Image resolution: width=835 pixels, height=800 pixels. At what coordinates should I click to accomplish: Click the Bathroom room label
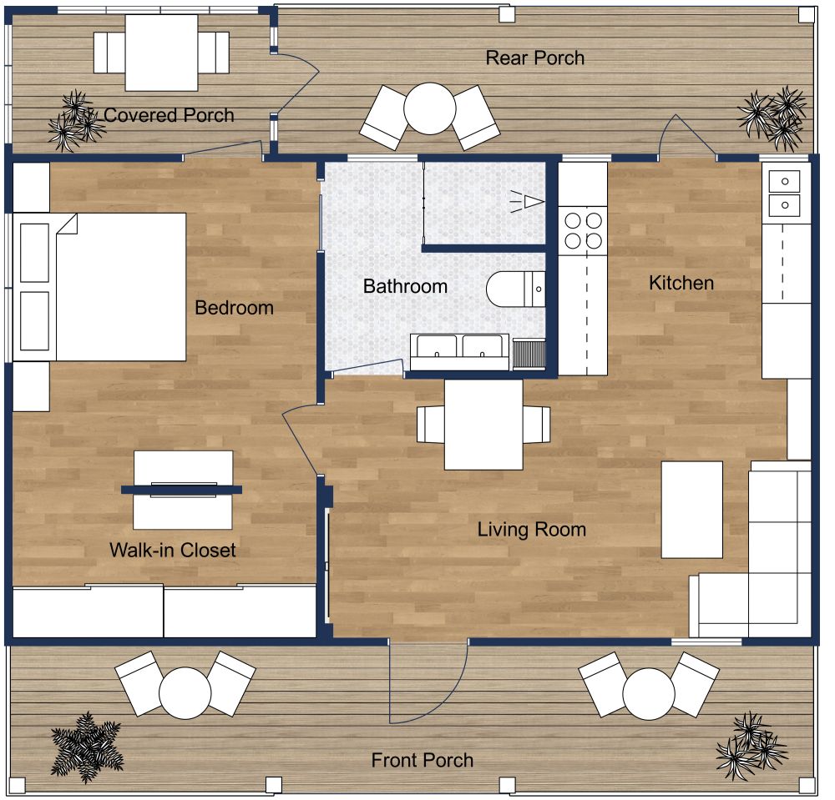(405, 286)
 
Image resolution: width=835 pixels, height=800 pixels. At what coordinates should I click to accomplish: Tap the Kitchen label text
(681, 283)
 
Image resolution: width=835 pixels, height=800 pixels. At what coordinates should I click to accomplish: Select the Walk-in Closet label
(173, 551)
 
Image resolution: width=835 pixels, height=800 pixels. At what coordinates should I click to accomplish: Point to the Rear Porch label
(535, 58)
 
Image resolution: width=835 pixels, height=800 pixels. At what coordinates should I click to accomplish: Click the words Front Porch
(423, 761)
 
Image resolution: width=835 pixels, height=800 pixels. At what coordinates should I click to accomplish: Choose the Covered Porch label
(169, 115)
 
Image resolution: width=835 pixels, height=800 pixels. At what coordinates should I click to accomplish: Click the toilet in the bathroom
(514, 289)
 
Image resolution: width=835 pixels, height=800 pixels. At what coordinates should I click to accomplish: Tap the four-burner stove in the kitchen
(584, 230)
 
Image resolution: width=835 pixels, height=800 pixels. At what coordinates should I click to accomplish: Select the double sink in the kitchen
(785, 192)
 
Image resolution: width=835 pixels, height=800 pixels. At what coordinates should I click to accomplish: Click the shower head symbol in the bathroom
(528, 200)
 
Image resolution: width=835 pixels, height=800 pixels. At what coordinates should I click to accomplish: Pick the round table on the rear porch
(429, 108)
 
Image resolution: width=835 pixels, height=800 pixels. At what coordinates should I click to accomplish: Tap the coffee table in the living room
(692, 509)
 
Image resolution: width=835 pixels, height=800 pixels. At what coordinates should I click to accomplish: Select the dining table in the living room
(483, 424)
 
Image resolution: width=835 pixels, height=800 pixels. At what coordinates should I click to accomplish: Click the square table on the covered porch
(161, 52)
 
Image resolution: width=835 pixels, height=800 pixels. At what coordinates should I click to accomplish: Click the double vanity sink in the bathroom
(459, 351)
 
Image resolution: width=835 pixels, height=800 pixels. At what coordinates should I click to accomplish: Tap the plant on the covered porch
(73, 121)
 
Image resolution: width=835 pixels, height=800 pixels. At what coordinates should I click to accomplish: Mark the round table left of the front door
(185, 692)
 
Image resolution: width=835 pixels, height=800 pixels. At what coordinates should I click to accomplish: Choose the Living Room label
(531, 530)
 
